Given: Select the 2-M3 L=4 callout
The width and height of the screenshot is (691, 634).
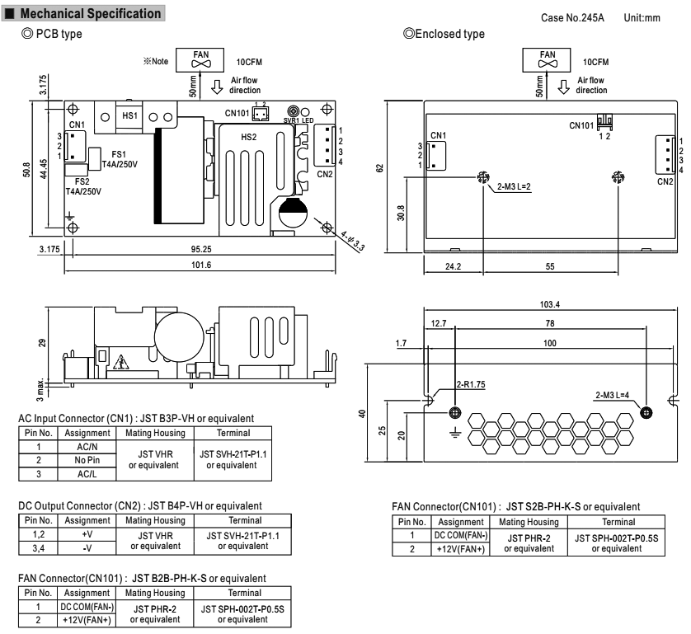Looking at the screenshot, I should pos(615,397).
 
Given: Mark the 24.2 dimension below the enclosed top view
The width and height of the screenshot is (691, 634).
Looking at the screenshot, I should pos(450,268).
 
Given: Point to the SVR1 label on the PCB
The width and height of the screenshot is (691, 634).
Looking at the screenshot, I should pos(291,120).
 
